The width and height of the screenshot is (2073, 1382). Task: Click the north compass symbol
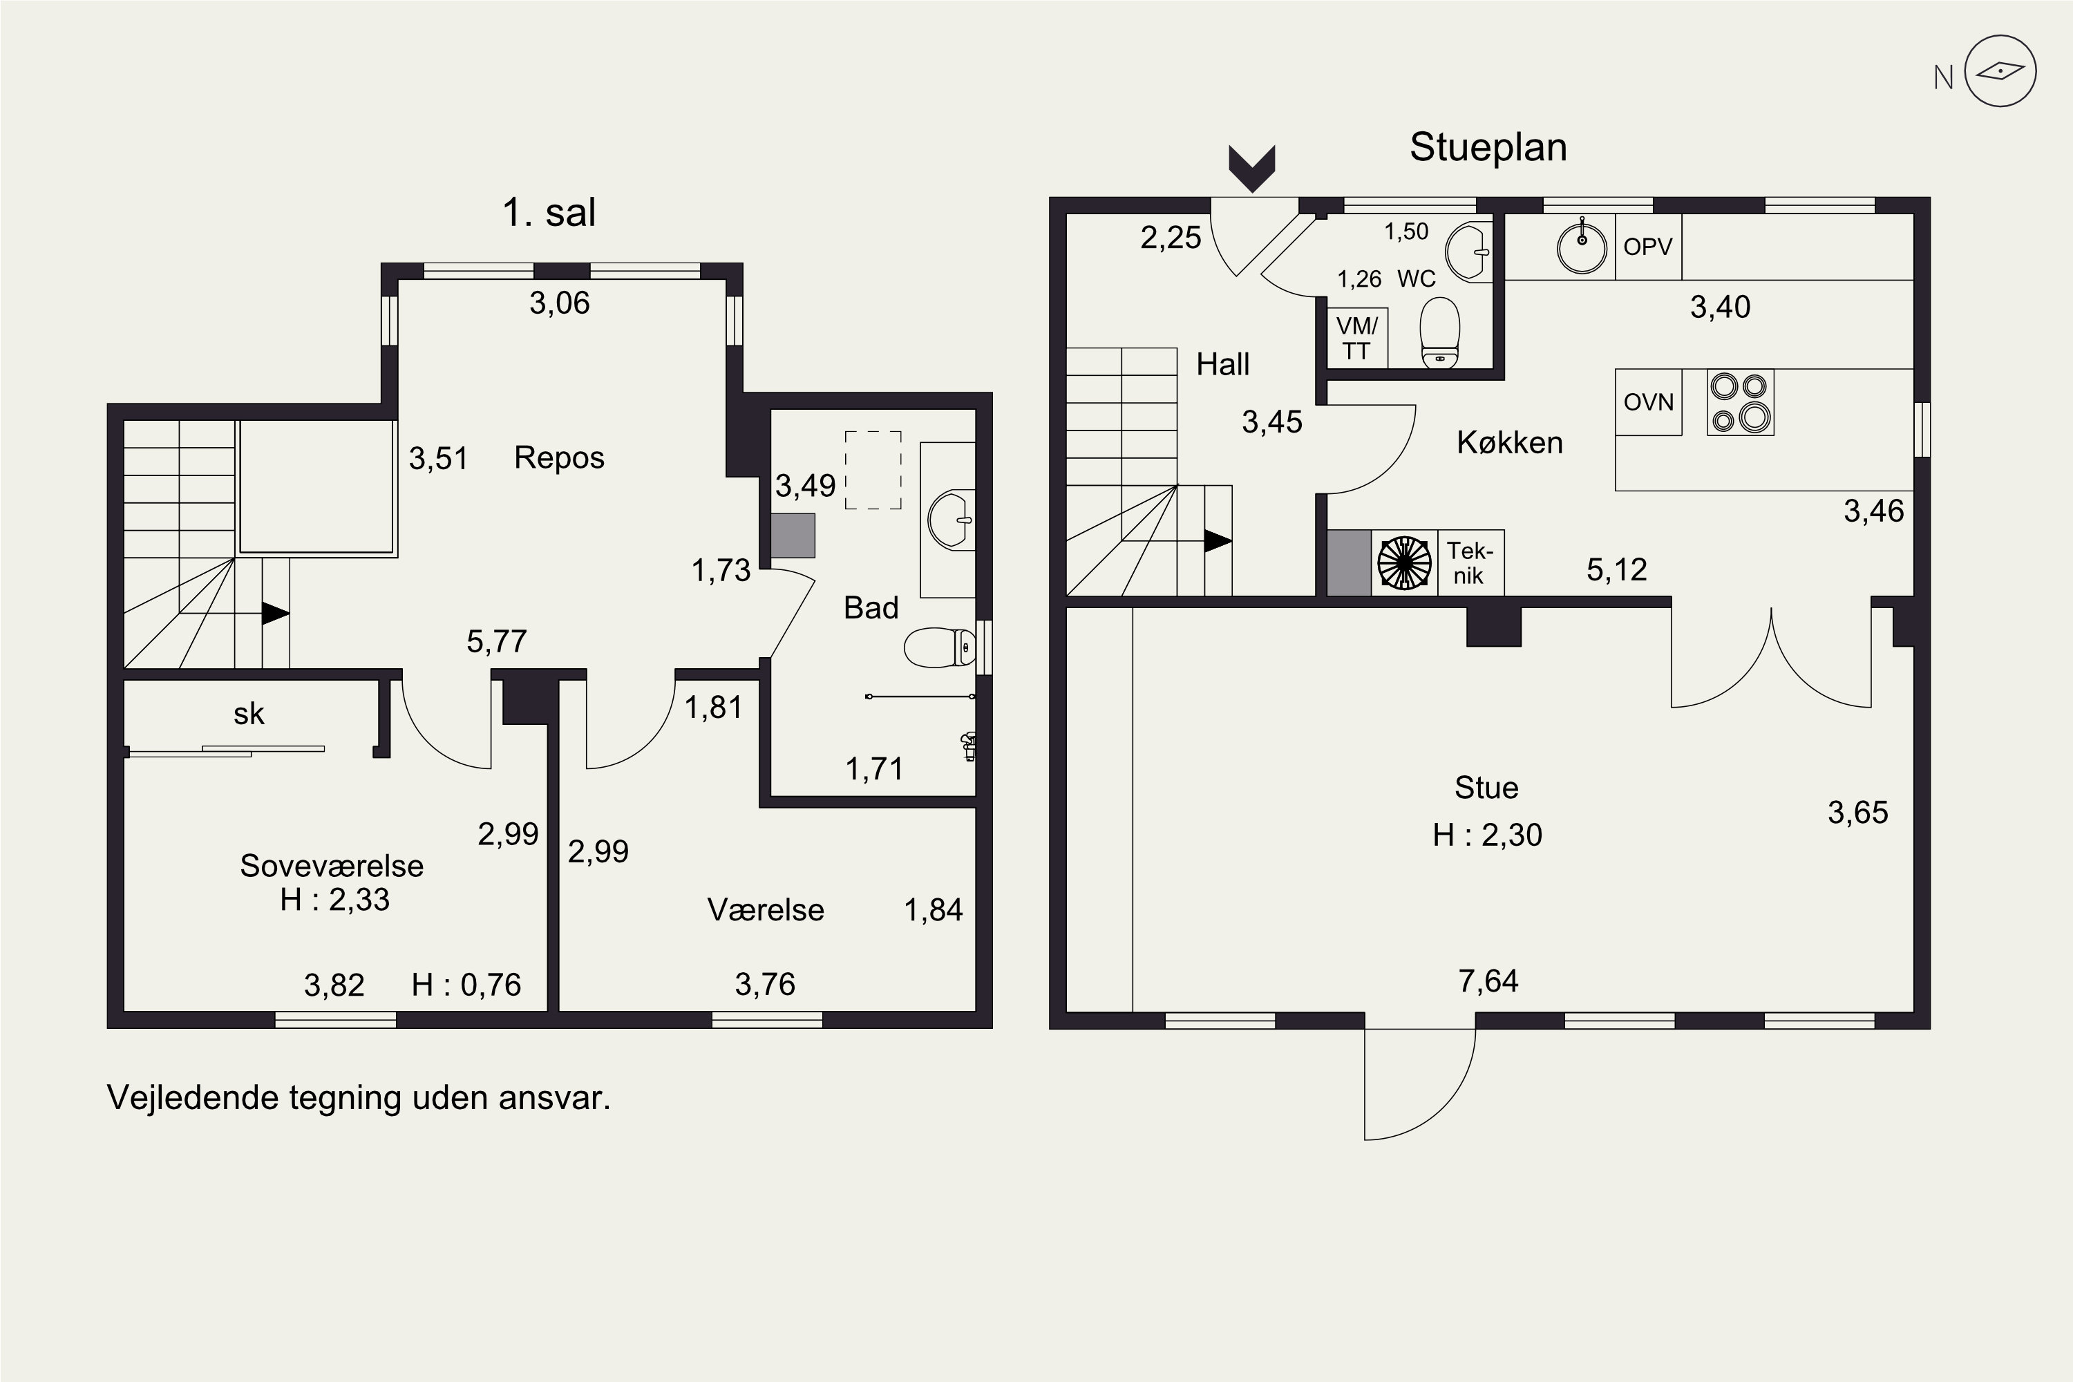coord(2000,71)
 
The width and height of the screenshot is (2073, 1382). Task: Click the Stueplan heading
coord(1488,147)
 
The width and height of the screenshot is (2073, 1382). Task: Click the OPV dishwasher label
coord(1647,247)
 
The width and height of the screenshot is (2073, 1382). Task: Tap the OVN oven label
coord(1648,402)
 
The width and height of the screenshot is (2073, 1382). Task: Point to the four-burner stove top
coord(1740,403)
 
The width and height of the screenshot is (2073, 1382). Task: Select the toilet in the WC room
coord(1439,332)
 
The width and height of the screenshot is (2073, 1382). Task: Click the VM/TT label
coord(1356,339)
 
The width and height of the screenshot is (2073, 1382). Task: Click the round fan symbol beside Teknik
coord(1404,562)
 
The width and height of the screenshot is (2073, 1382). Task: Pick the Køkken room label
coord(1509,442)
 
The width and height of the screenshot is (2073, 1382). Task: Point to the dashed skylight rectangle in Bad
coord(873,470)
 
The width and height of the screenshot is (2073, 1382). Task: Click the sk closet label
coord(249,714)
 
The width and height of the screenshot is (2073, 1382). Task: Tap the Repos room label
coord(559,458)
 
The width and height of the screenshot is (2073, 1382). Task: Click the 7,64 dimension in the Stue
coord(1488,982)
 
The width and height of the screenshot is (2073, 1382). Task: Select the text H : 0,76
coord(466,985)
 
